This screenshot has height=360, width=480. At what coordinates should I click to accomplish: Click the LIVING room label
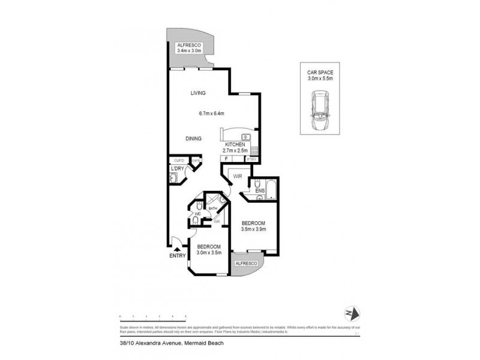198,93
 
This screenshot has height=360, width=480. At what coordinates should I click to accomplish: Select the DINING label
193,139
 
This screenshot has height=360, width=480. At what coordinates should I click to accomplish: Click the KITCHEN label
235,145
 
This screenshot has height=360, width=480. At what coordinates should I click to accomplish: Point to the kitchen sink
237,136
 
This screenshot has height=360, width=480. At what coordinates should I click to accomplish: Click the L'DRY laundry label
177,169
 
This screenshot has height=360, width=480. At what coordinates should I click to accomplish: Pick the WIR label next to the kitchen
238,176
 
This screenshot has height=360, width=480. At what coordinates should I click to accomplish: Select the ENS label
259,191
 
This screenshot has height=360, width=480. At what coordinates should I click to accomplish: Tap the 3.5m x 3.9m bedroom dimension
253,229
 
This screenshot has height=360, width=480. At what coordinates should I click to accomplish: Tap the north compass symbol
352,313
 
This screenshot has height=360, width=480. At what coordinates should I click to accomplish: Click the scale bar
152,316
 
